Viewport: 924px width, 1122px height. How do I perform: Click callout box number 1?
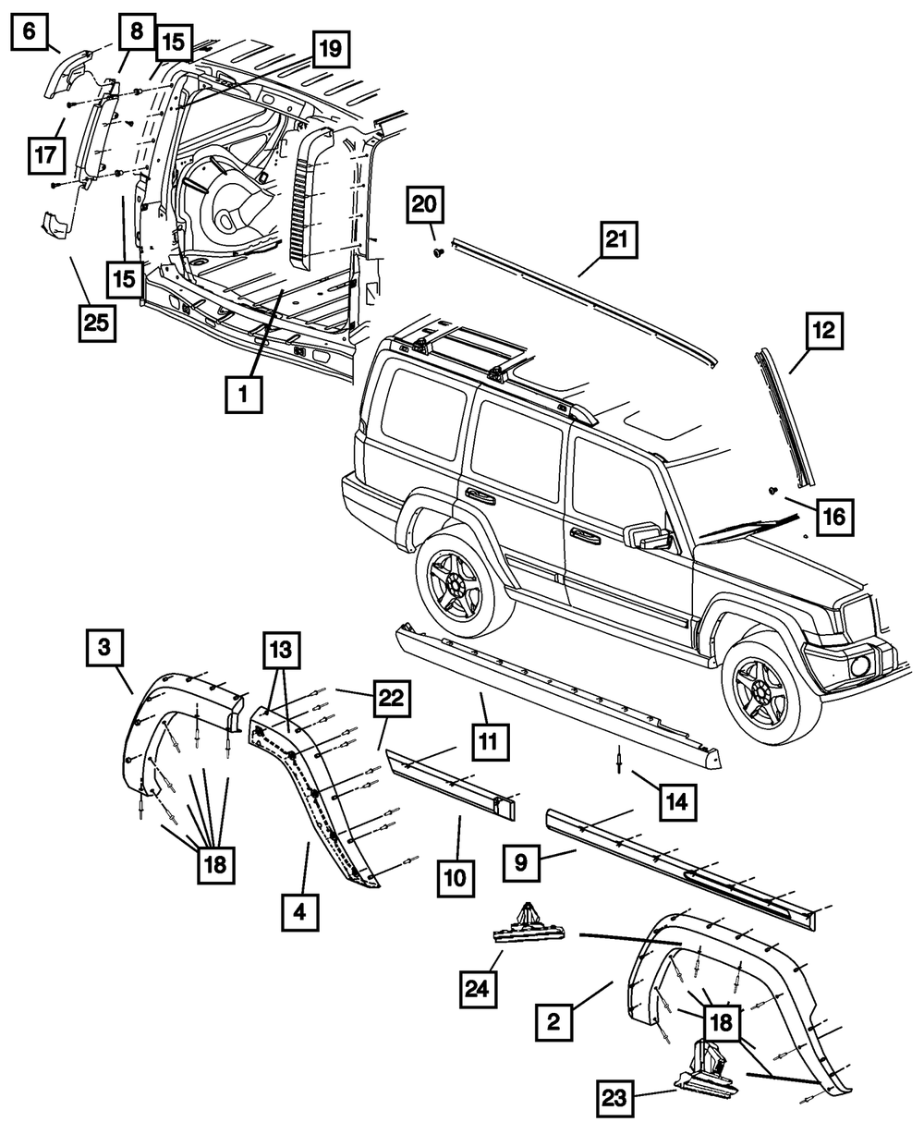[x=242, y=395]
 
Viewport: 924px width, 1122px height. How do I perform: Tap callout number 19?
[x=330, y=47]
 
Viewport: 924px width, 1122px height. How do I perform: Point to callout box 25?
[x=97, y=323]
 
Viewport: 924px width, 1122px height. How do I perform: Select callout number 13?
[x=280, y=651]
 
